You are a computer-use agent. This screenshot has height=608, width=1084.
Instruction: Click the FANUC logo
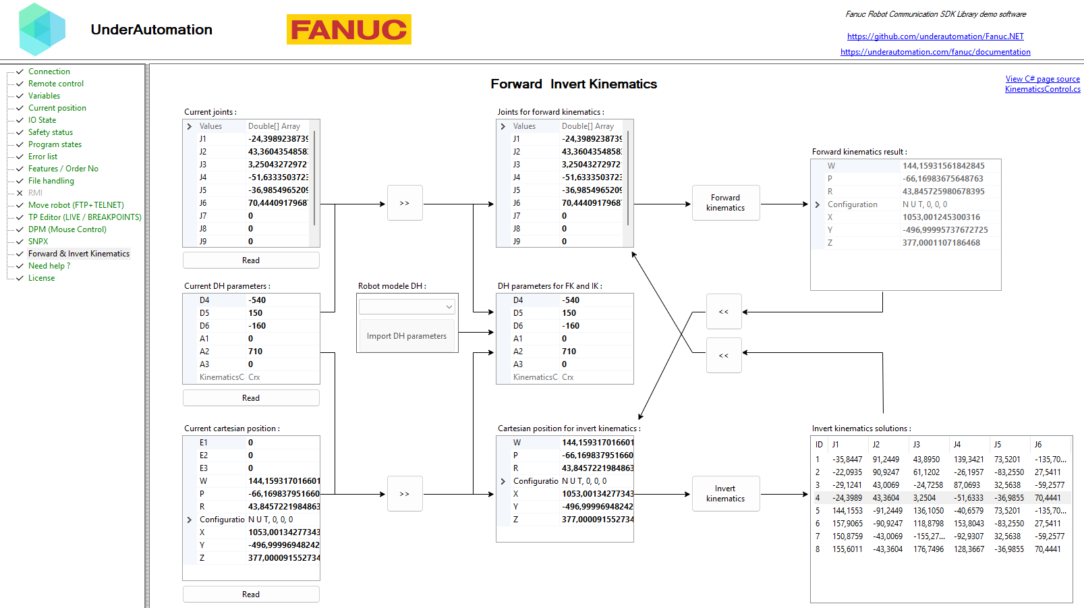(349, 30)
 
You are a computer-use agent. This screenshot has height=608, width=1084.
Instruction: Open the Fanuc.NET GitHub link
(935, 36)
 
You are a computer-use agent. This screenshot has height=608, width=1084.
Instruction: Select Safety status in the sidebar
(51, 132)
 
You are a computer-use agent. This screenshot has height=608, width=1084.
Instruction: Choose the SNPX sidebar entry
(38, 242)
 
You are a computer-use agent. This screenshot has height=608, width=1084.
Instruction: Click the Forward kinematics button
(725, 203)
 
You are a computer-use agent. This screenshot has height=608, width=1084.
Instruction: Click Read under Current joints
(251, 260)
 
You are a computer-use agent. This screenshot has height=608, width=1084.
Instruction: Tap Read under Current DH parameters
(251, 398)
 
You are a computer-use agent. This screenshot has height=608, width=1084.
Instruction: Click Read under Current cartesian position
(251, 595)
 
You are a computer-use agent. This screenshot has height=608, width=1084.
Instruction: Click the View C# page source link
(1042, 79)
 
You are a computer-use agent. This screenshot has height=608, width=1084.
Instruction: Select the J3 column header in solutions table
(917, 445)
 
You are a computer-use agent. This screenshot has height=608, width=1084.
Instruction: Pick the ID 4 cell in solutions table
(818, 498)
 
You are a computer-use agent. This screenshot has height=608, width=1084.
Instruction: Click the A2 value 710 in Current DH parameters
(256, 352)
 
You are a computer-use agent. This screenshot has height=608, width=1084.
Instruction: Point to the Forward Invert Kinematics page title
(573, 84)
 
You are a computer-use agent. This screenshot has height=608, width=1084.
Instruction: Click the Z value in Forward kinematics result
(941, 243)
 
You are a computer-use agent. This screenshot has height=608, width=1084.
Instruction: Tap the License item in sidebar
(42, 278)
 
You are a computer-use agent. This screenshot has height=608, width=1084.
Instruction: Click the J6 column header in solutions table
(1038, 445)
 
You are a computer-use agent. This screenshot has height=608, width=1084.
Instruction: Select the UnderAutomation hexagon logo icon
(42, 30)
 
